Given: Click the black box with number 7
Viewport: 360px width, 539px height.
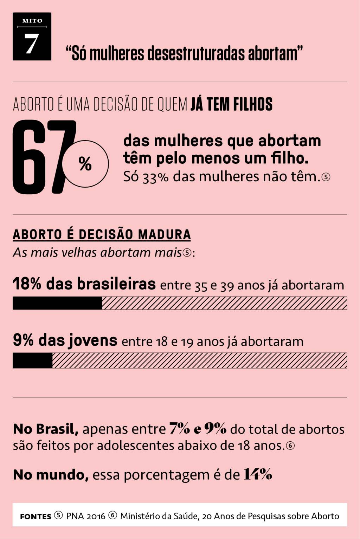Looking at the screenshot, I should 32,37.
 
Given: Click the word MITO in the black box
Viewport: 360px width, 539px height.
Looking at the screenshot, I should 32,21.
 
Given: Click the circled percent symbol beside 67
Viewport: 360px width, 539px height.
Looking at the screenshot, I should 85,164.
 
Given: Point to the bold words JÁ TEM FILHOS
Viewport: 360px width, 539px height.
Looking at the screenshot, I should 231,104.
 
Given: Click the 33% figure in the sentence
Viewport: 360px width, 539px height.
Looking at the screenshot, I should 155,177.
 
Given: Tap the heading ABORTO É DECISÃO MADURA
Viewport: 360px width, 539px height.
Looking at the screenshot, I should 102,234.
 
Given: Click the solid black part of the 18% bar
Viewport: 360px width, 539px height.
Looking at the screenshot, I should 57,303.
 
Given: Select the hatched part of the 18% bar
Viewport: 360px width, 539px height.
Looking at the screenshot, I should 224,303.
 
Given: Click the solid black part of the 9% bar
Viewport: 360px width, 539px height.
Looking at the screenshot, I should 32,361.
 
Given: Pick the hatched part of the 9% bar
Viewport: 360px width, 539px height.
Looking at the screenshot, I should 199,361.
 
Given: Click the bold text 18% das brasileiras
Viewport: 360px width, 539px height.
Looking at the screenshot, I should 84,284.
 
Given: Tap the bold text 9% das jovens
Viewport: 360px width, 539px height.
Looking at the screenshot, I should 65,340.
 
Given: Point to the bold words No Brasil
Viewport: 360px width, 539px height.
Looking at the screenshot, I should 45,429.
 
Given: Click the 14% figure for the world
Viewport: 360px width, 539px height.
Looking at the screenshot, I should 257,474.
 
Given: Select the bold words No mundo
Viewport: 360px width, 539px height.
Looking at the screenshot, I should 51,475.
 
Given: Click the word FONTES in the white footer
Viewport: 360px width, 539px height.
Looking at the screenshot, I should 36,517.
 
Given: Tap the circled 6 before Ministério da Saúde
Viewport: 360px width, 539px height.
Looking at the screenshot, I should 112,515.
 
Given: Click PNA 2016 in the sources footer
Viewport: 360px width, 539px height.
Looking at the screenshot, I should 86,516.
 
